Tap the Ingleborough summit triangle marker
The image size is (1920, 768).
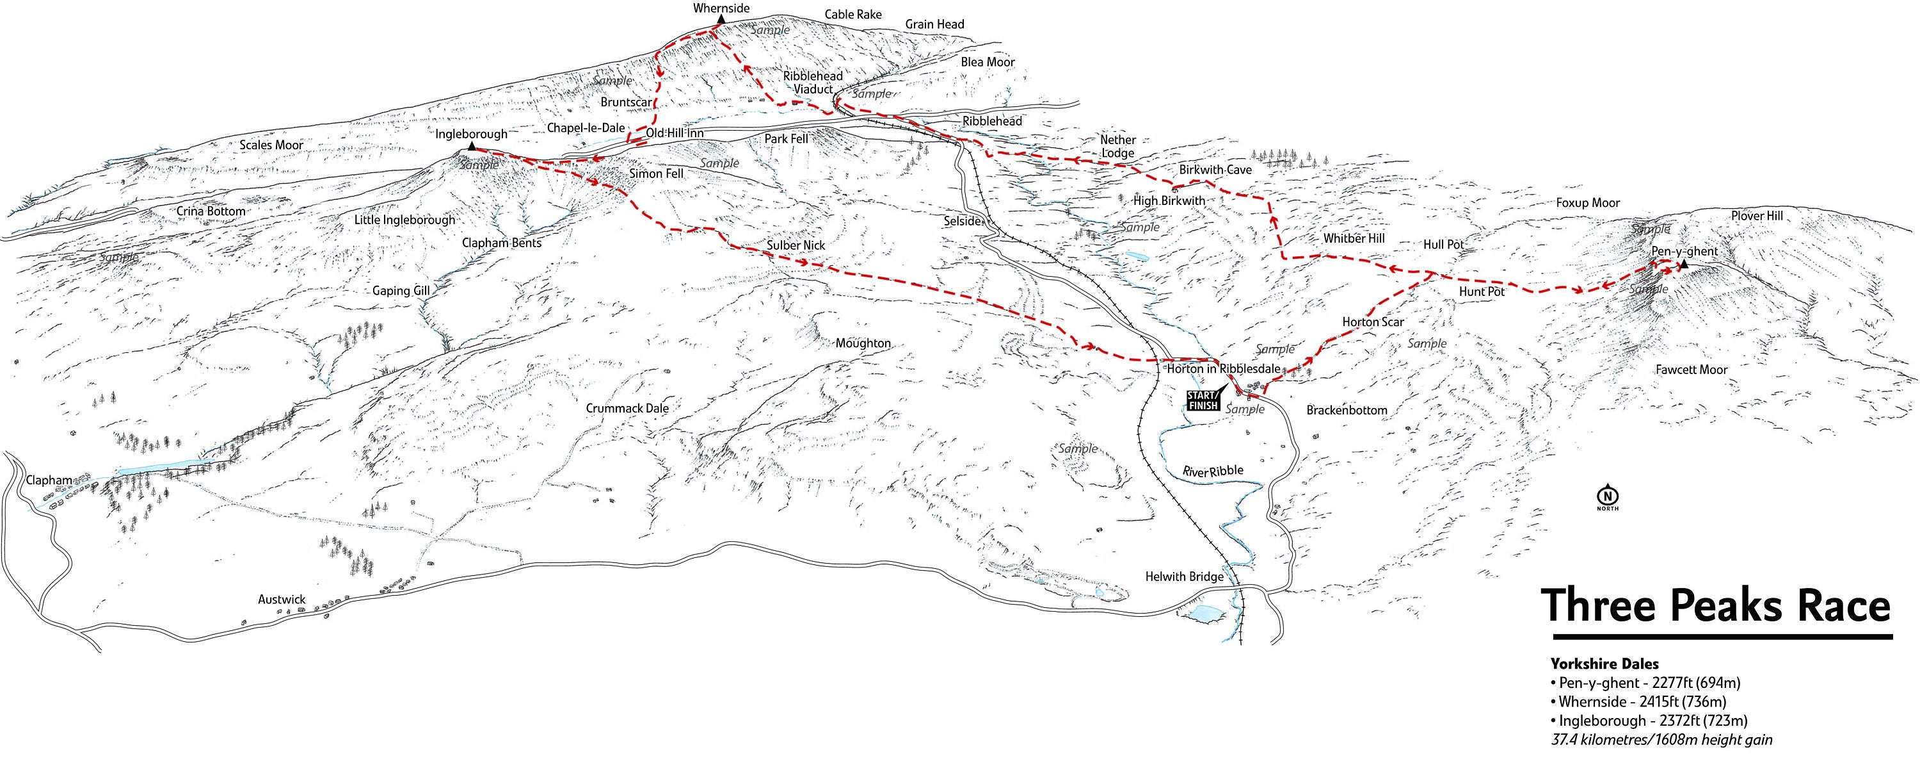[471, 147]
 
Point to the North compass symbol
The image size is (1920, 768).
[1607, 494]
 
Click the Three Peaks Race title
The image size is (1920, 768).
[1715, 605]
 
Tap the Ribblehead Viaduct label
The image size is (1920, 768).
[812, 83]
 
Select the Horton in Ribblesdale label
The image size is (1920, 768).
[1222, 368]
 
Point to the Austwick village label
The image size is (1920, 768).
[282, 599]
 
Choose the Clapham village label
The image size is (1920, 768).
[49, 480]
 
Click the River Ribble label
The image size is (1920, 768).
[1213, 471]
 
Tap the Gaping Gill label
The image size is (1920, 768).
[401, 291]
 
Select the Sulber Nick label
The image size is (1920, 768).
[796, 245]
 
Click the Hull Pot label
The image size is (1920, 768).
[1443, 245]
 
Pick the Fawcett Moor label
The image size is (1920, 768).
[1691, 369]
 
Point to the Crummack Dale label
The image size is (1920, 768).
[627, 408]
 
